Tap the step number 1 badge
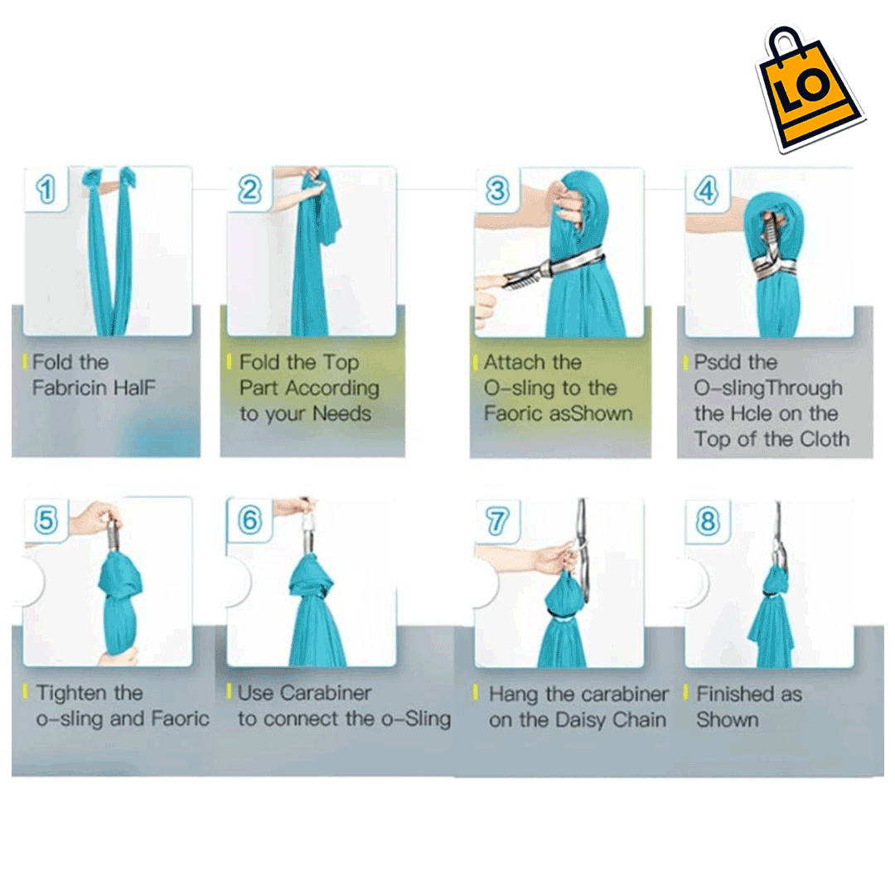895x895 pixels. (46, 189)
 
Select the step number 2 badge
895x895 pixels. (249, 190)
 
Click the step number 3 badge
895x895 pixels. (497, 191)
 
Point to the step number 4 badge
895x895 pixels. (707, 191)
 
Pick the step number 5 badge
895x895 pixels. (46, 520)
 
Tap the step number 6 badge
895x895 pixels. (249, 520)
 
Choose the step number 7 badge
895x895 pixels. (497, 521)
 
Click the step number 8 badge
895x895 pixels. (707, 521)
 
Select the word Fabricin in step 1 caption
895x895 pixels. (70, 388)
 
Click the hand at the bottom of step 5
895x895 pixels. (118, 656)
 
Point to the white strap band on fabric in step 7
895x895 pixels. (563, 616)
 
